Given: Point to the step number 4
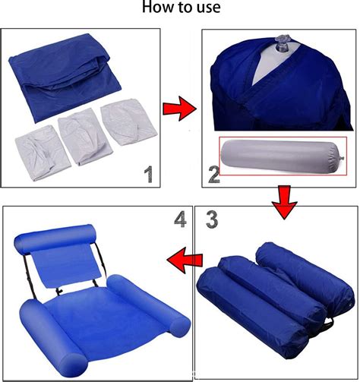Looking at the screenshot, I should (179, 220).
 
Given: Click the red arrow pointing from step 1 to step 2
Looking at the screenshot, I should (177, 111).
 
